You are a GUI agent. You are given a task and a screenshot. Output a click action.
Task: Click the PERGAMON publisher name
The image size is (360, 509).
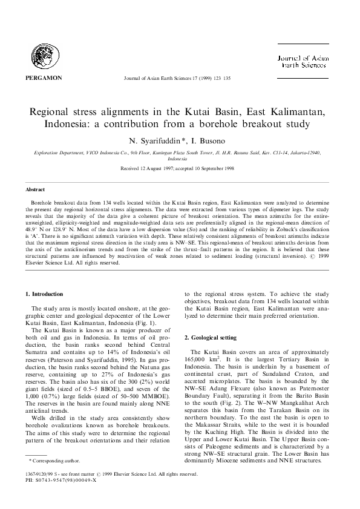click(x=41, y=78)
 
